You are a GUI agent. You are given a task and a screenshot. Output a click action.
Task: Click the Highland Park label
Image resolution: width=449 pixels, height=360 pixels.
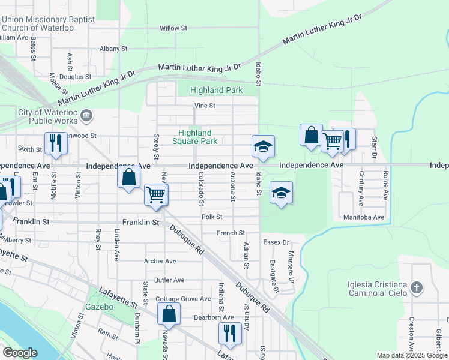[x=216, y=91]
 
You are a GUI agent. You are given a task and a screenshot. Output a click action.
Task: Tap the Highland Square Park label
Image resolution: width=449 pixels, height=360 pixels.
[x=194, y=137]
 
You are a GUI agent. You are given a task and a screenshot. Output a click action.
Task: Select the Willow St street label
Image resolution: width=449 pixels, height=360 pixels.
[x=173, y=28]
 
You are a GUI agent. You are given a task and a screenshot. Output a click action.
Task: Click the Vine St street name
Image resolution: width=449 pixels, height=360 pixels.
[x=204, y=106]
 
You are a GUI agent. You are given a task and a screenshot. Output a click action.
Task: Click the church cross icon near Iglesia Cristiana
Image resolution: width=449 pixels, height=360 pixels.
[x=417, y=289]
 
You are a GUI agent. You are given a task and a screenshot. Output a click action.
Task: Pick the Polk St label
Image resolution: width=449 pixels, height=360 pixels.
[x=212, y=217]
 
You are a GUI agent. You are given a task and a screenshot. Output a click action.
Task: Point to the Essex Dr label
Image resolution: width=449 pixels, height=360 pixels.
[x=276, y=243]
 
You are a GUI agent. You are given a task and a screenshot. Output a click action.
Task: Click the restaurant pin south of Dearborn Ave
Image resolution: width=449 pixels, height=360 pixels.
[x=229, y=332]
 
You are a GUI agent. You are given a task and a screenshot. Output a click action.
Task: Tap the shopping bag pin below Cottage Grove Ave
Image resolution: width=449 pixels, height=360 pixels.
[x=169, y=313]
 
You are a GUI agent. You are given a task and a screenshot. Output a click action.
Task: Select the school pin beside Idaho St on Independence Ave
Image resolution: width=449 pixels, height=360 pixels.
[x=262, y=146]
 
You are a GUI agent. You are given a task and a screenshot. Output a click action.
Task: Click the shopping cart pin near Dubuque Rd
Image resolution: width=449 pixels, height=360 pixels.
[x=155, y=194]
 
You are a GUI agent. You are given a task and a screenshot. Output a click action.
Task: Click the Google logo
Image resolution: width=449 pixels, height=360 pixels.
[x=20, y=353]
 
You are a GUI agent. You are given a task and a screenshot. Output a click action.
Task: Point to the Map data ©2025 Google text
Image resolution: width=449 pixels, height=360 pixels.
[x=411, y=355]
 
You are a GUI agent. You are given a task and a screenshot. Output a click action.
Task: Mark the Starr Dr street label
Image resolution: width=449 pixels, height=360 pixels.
[x=374, y=144]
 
